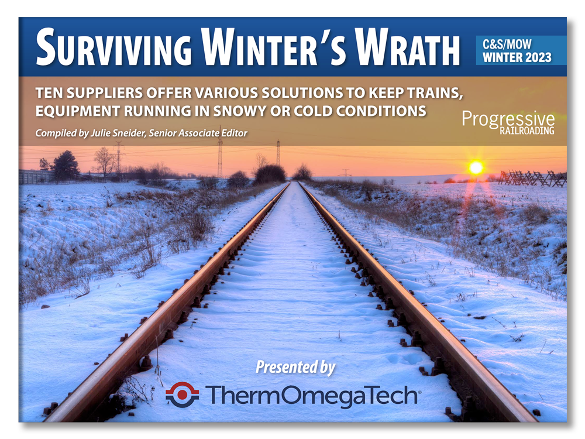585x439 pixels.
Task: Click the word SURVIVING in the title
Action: coord(114,48)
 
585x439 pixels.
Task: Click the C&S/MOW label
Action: coord(507,44)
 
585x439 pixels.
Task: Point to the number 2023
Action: coord(534,57)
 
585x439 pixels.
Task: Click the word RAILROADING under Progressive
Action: coord(527,131)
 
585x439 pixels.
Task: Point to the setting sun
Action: coord(476,167)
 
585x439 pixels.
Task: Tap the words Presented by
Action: coord(295,368)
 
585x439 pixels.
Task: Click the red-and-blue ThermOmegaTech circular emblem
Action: coord(182,395)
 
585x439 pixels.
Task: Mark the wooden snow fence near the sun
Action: coord(532,178)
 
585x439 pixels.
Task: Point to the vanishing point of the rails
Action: coord(294,181)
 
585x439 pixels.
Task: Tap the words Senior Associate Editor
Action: coord(198,133)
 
